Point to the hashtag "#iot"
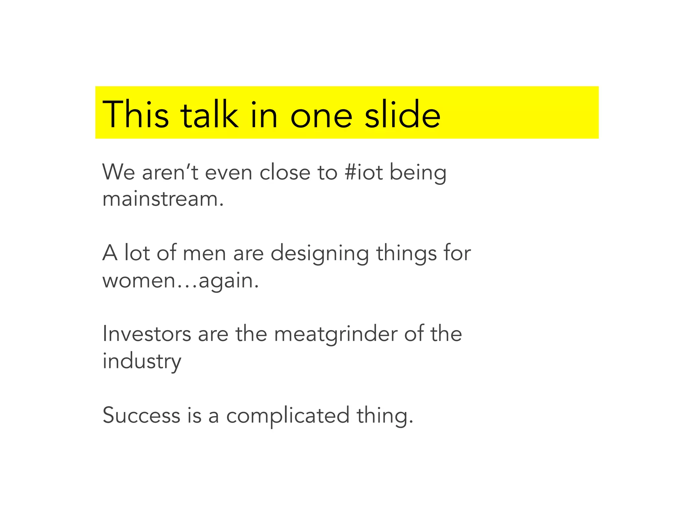point(363,172)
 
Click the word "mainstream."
point(163,199)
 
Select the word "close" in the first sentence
point(285,172)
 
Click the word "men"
point(204,253)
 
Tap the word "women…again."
point(181,281)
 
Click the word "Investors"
point(147,334)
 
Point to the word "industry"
point(142,361)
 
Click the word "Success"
point(141,415)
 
